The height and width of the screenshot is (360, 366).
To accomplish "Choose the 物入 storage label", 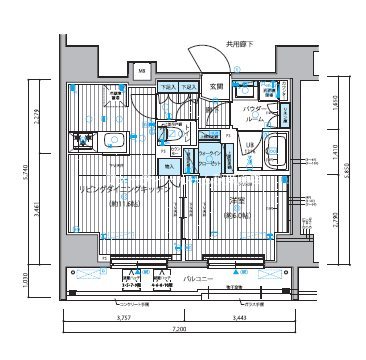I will coord(171,166).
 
